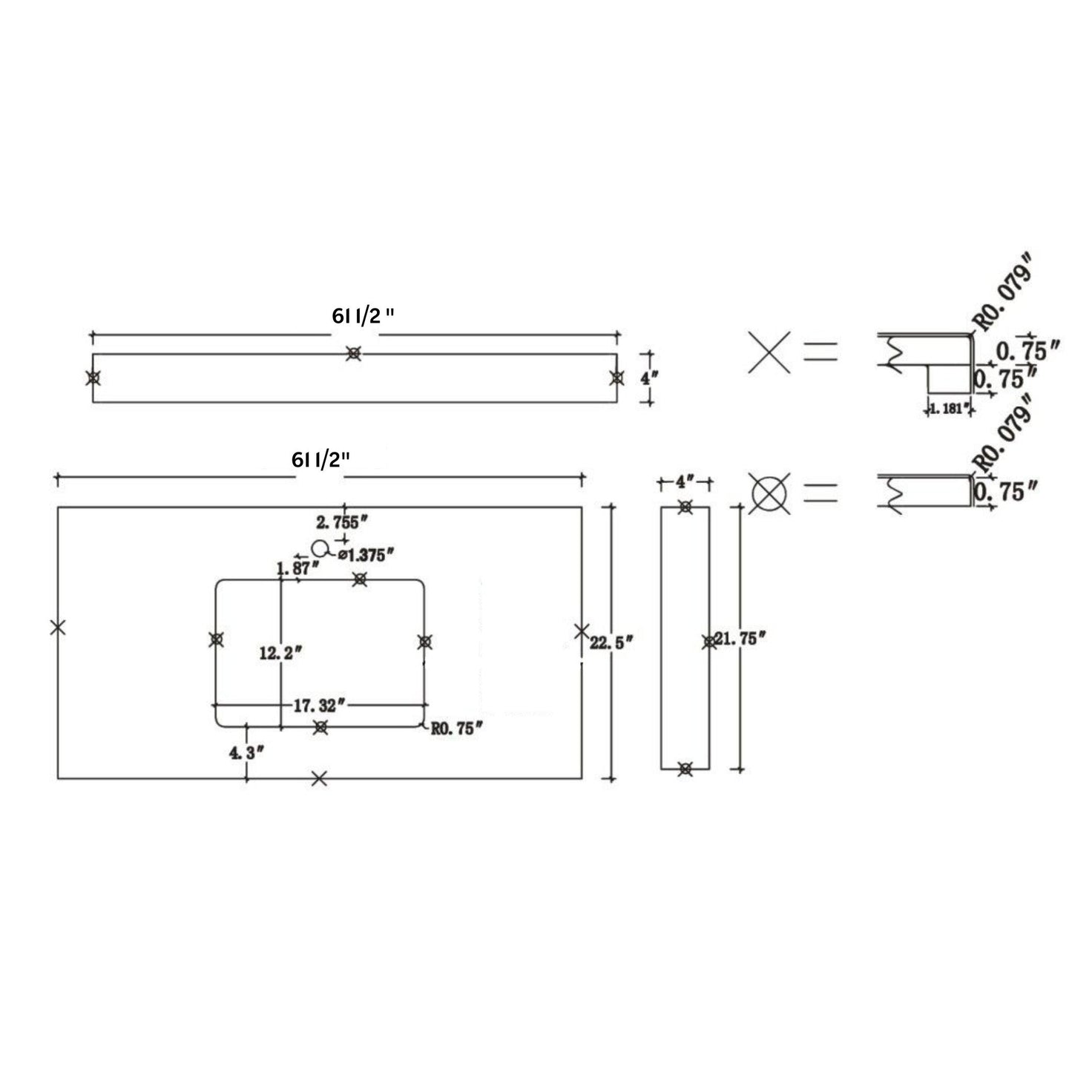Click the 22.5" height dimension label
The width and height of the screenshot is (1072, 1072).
611,642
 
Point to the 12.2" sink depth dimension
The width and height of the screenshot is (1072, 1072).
280,654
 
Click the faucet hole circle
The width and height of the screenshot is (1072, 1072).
320,549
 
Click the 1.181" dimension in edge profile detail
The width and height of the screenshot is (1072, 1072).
947,408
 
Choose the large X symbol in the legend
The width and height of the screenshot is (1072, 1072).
769,352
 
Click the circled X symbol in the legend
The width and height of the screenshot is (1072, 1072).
769,493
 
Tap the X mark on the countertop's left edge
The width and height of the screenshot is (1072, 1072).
58,627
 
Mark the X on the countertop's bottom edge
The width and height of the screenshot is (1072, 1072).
319,778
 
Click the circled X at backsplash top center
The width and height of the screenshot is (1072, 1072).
354,354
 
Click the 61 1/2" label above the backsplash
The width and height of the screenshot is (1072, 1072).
363,315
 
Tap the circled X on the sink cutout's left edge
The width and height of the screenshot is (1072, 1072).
216,639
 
